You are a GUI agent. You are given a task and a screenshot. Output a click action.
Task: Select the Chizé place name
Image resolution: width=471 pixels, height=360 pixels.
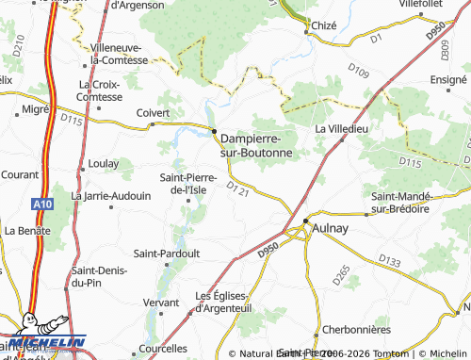click(x=326, y=26)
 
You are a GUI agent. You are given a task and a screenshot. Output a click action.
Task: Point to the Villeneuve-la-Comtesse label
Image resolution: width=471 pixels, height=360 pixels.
click(x=119, y=53)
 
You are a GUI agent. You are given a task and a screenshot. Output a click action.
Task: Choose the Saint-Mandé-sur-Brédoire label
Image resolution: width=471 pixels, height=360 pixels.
click(x=401, y=202)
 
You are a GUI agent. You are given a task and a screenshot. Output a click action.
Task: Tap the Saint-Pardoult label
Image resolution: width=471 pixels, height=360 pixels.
click(x=166, y=254)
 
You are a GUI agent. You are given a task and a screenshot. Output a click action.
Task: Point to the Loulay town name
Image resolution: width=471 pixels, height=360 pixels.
click(x=103, y=163)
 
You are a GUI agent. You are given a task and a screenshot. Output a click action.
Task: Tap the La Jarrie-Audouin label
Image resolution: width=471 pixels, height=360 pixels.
click(x=111, y=196)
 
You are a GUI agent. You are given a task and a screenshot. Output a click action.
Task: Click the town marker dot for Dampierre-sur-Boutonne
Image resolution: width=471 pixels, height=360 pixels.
click(x=214, y=131)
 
